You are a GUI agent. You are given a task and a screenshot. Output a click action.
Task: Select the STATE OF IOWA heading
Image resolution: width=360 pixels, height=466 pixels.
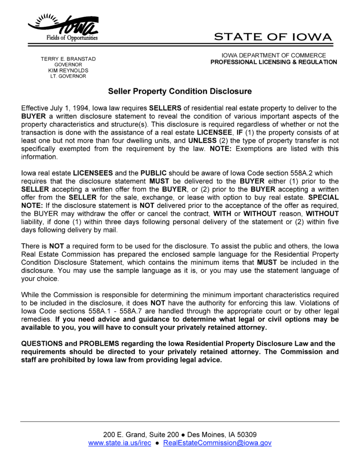273,37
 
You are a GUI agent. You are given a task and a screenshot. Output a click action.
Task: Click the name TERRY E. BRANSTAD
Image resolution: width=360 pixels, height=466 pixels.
68,59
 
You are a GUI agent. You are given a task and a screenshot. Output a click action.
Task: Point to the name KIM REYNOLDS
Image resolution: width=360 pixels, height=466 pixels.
68,70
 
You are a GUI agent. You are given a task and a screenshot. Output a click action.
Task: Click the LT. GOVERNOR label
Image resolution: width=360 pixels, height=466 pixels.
68,76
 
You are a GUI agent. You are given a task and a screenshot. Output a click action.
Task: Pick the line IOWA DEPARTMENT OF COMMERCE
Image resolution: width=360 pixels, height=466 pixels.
274,55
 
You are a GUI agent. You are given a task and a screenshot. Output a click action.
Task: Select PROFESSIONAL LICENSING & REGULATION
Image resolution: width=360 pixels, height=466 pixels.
274,62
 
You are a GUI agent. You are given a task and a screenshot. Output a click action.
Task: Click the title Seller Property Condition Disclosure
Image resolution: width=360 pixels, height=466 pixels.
180,91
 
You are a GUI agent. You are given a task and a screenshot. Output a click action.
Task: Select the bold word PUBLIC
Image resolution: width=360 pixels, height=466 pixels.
153,173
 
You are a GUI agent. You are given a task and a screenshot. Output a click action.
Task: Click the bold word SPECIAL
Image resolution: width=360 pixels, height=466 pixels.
323,197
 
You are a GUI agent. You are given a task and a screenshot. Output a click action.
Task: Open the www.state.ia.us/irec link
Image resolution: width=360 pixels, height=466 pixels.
120,443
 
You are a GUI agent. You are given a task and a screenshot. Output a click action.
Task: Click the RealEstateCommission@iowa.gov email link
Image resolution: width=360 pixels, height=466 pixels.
217,443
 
